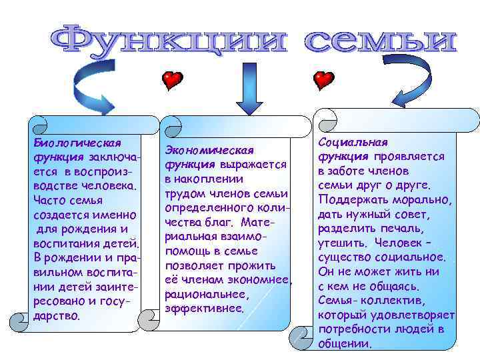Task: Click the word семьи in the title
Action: tap(381, 41)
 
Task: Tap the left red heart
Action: tap(172, 81)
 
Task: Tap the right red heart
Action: tap(323, 81)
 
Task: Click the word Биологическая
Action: tap(77, 143)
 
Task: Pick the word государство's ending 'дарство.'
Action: tap(57, 315)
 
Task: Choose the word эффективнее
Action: tap(205, 309)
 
